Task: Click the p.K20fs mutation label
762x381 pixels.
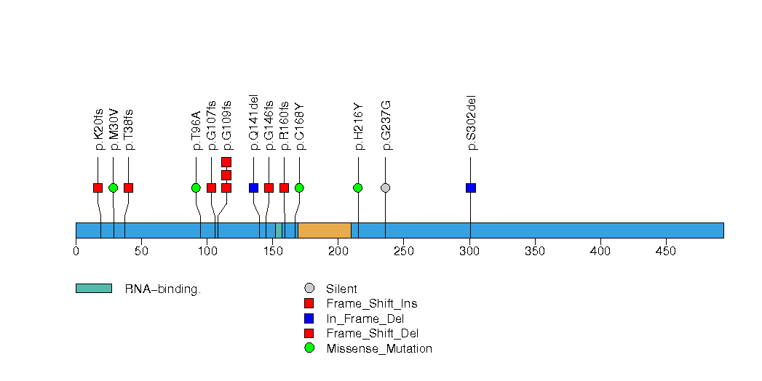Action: [98, 129]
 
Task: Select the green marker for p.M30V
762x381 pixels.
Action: [113, 188]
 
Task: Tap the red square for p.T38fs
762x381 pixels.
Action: [128, 188]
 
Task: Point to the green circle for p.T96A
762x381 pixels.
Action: [196, 188]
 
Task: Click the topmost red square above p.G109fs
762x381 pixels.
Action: [226, 162]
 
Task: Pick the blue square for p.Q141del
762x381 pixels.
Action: [253, 188]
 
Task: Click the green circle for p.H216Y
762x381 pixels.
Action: [358, 188]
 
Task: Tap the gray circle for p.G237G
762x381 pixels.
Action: [386, 188]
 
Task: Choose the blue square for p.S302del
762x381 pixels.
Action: [471, 188]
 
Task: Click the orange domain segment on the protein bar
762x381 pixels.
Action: [325, 230]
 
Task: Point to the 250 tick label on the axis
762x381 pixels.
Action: [404, 252]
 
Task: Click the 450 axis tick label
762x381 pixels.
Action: [666, 252]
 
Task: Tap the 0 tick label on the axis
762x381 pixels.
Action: [76, 252]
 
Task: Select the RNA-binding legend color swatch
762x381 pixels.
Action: [93, 289]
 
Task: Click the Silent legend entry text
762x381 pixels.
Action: [341, 289]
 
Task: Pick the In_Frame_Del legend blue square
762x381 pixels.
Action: [309, 318]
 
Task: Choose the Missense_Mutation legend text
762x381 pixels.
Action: [379, 349]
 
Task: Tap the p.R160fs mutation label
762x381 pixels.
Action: [284, 126]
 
